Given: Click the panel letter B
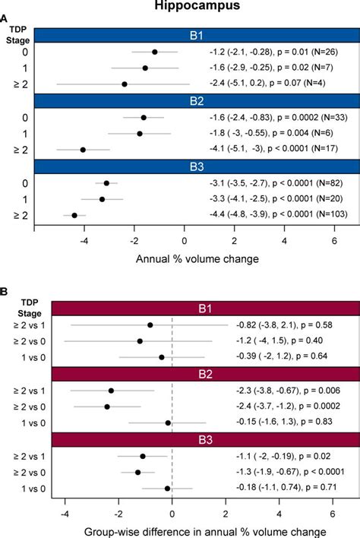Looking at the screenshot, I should tap(5, 292).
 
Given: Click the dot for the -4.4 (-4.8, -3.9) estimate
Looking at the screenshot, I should tap(74, 216).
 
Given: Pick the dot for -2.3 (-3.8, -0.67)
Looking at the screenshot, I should tap(112, 391).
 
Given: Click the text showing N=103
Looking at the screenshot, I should tap(331, 216).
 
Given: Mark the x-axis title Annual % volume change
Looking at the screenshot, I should tap(197, 258).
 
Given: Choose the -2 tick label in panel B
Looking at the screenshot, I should tap(118, 513).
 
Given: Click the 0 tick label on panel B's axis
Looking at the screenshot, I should tap(172, 513).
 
